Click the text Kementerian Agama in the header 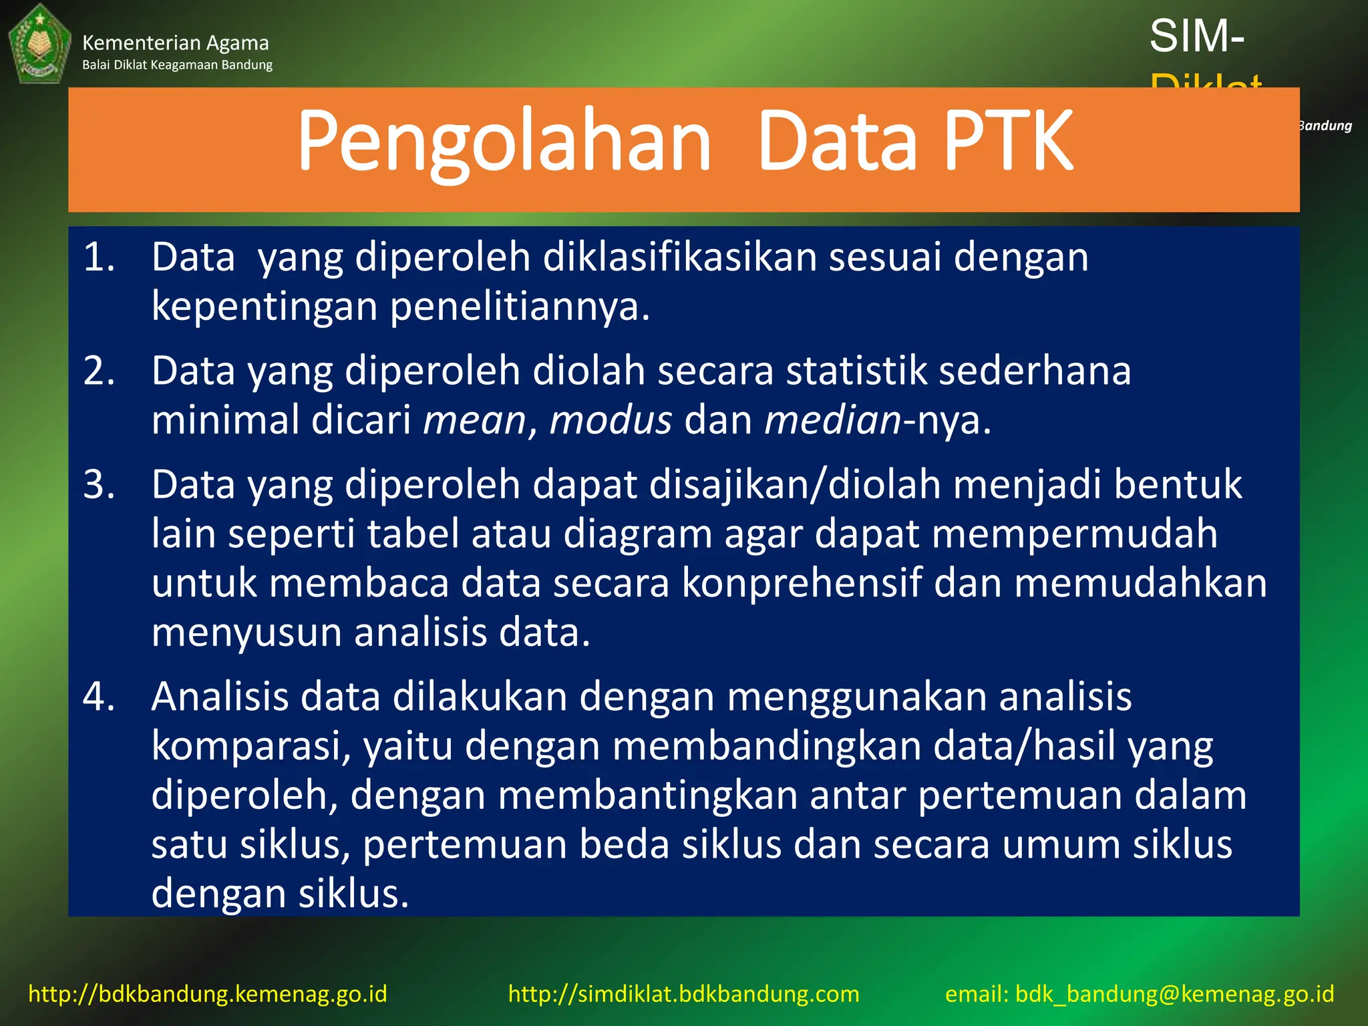tap(175, 43)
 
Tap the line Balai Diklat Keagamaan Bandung tap(177, 65)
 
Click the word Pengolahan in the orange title tap(504, 142)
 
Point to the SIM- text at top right tap(1196, 36)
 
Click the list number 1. tap(99, 257)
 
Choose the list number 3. tap(99, 484)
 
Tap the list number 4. tap(99, 697)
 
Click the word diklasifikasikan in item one tap(679, 257)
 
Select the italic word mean tap(475, 421)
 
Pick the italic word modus tap(611, 421)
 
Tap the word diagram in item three tap(637, 534)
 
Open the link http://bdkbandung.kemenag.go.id tap(208, 993)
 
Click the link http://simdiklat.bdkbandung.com tap(683, 993)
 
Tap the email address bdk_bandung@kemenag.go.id tap(1174, 993)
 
